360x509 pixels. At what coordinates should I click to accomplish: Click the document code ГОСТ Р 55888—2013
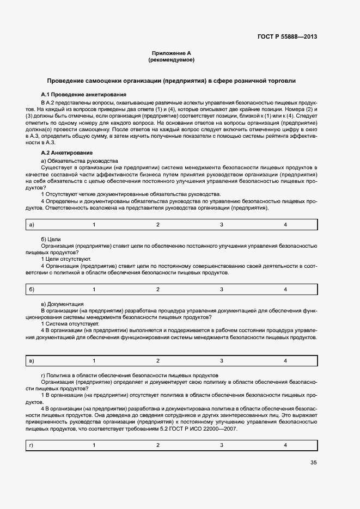point(286,37)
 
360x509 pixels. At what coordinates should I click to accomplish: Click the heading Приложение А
point(172,53)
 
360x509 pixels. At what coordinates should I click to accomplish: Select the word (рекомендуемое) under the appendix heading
point(172,60)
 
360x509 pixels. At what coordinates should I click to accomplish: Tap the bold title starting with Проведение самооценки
point(172,81)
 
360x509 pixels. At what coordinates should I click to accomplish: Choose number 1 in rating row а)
point(94,225)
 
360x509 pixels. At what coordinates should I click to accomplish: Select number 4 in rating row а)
point(285,225)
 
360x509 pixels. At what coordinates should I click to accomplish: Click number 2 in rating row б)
point(158,289)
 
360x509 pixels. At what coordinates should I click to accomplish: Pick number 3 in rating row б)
point(222,289)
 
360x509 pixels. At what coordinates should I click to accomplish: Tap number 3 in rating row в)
point(222,361)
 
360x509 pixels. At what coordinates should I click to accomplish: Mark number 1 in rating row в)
point(94,361)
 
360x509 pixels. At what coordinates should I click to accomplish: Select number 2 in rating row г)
point(158,445)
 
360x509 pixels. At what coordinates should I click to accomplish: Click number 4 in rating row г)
point(285,445)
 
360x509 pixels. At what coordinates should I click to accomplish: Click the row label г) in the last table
point(31,445)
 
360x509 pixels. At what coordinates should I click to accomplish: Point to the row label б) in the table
point(32,289)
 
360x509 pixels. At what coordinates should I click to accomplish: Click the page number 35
point(313,463)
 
